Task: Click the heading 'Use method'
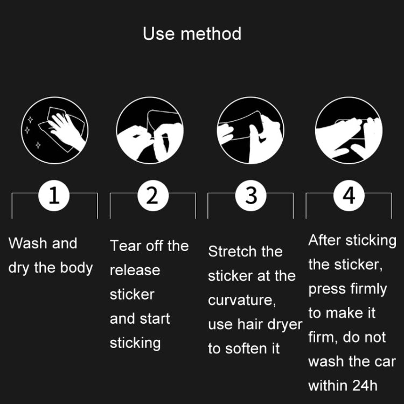click(192, 34)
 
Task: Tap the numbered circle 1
click(54, 196)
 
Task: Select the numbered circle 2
click(153, 196)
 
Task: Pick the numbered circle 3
click(250, 196)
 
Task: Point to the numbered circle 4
click(349, 196)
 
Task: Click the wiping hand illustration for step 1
click(54, 130)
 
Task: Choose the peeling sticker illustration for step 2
click(150, 130)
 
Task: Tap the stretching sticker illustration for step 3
click(250, 130)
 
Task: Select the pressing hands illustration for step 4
click(349, 130)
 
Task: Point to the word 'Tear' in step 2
click(126, 246)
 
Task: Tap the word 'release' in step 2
click(135, 270)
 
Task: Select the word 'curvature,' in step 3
click(242, 300)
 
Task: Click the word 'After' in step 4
click(325, 240)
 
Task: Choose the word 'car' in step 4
click(385, 361)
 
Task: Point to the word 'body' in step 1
click(76, 268)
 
